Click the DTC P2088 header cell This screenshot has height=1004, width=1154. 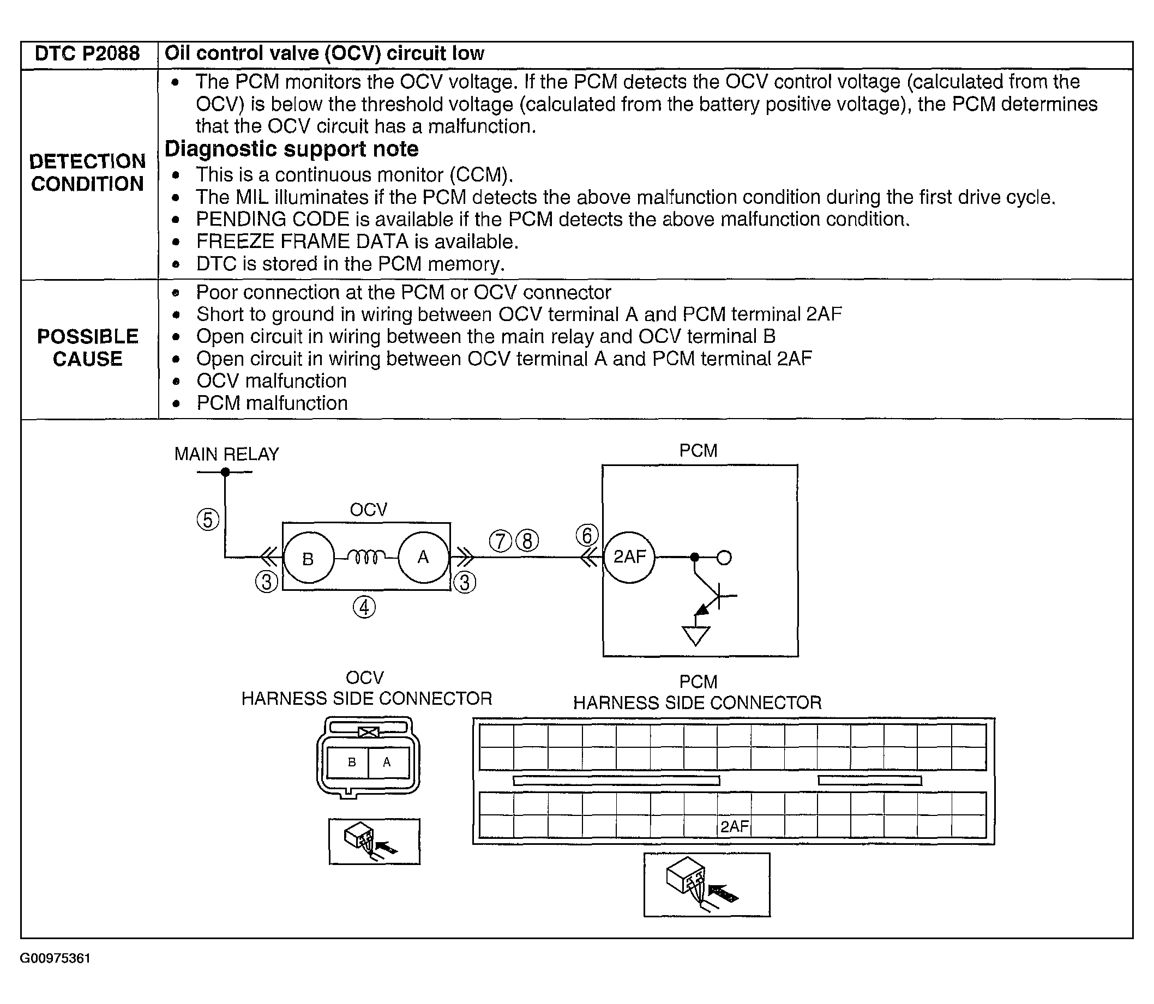pyautogui.click(x=87, y=54)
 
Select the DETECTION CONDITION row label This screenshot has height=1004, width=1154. pyautogui.click(x=87, y=173)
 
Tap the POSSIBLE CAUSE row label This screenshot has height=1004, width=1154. pyautogui.click(x=87, y=347)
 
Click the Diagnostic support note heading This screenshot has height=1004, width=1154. pyautogui.click(x=291, y=149)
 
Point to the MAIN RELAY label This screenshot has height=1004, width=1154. pyautogui.click(x=226, y=454)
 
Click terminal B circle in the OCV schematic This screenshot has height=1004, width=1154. pyautogui.click(x=308, y=558)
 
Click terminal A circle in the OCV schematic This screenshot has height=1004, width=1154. pyautogui.click(x=423, y=557)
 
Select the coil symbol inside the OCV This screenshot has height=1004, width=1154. pyautogui.click(x=366, y=557)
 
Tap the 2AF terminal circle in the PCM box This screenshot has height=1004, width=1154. pyautogui.click(x=629, y=557)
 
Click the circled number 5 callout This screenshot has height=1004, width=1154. pyautogui.click(x=208, y=520)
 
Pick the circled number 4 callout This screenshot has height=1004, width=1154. pyautogui.click(x=364, y=607)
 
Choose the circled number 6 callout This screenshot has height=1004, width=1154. pyautogui.click(x=587, y=536)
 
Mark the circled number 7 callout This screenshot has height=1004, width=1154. pyautogui.click(x=501, y=541)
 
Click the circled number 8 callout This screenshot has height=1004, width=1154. pyautogui.click(x=527, y=541)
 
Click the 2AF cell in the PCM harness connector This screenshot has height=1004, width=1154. pyautogui.click(x=734, y=826)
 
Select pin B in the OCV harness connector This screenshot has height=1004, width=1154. pyautogui.click(x=352, y=762)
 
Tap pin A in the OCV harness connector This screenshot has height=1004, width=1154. pyautogui.click(x=387, y=762)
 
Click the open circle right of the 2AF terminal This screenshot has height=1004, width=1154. pyautogui.click(x=724, y=558)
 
